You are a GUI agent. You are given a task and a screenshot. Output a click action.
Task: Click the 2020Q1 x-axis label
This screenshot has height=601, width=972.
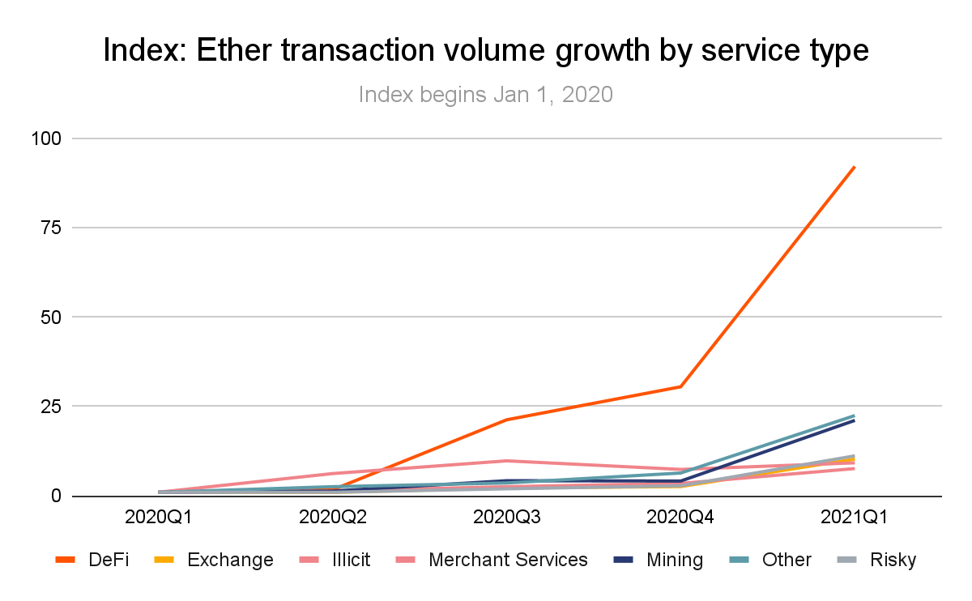(x=160, y=516)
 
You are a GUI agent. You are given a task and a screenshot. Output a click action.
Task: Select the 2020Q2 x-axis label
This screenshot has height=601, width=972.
(x=334, y=516)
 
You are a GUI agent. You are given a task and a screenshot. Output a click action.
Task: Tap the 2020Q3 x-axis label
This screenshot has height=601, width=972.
(x=508, y=516)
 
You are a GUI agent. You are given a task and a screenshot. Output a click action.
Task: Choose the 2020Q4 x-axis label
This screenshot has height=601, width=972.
(x=681, y=516)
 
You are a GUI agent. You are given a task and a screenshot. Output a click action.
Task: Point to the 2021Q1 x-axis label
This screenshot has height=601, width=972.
(x=855, y=516)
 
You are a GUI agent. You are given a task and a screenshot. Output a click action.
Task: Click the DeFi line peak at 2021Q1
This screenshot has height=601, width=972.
(x=855, y=167)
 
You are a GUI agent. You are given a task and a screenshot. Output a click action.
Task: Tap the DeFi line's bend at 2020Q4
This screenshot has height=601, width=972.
(x=681, y=386)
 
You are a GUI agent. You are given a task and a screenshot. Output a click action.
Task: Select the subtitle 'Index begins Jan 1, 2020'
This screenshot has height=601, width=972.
(x=485, y=95)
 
